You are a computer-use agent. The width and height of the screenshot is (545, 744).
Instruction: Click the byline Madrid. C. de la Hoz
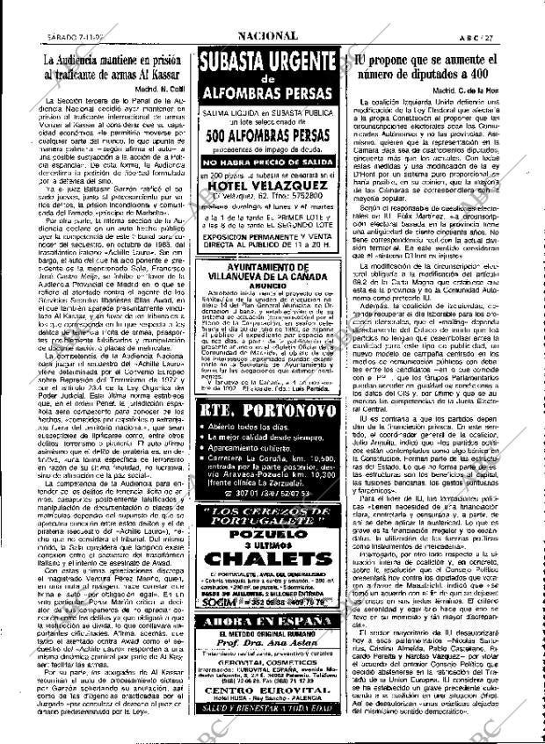(483, 90)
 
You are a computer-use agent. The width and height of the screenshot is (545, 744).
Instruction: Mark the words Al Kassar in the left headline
(156, 76)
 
